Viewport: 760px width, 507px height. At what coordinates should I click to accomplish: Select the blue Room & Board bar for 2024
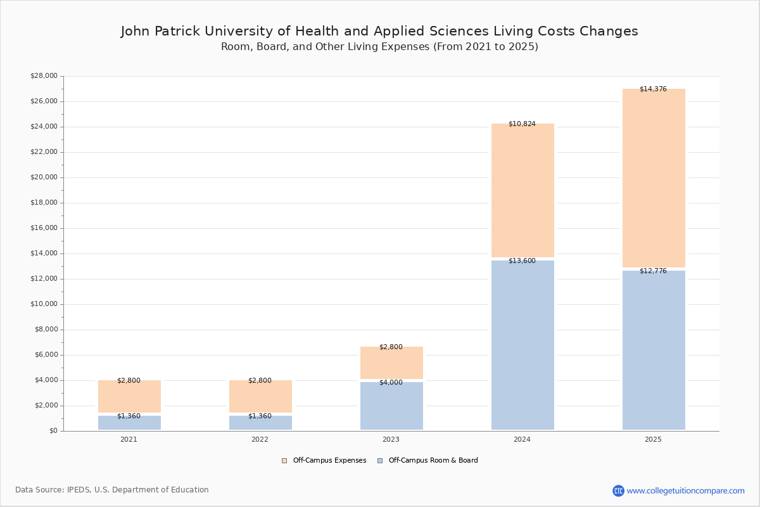(x=522, y=345)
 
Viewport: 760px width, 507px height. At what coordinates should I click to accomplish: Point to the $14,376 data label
(x=653, y=89)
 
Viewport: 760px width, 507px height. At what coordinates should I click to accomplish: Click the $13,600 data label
(x=522, y=261)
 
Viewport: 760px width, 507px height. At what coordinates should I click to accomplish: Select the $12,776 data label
(x=653, y=271)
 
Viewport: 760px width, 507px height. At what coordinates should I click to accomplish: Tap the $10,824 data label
(x=522, y=124)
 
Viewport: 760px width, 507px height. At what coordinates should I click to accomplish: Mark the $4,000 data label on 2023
(x=391, y=383)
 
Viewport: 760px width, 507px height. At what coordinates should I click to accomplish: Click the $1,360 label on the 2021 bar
(x=129, y=416)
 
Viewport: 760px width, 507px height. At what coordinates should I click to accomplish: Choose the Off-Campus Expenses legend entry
(x=324, y=461)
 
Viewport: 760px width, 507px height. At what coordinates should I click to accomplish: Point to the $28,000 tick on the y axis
(x=44, y=76)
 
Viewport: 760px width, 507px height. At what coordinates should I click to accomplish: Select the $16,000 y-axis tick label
(x=44, y=228)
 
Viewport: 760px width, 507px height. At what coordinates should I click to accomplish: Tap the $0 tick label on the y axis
(x=53, y=431)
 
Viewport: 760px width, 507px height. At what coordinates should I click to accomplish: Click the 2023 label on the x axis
(x=391, y=440)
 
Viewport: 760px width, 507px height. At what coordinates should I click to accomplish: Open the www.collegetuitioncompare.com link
(x=685, y=491)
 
